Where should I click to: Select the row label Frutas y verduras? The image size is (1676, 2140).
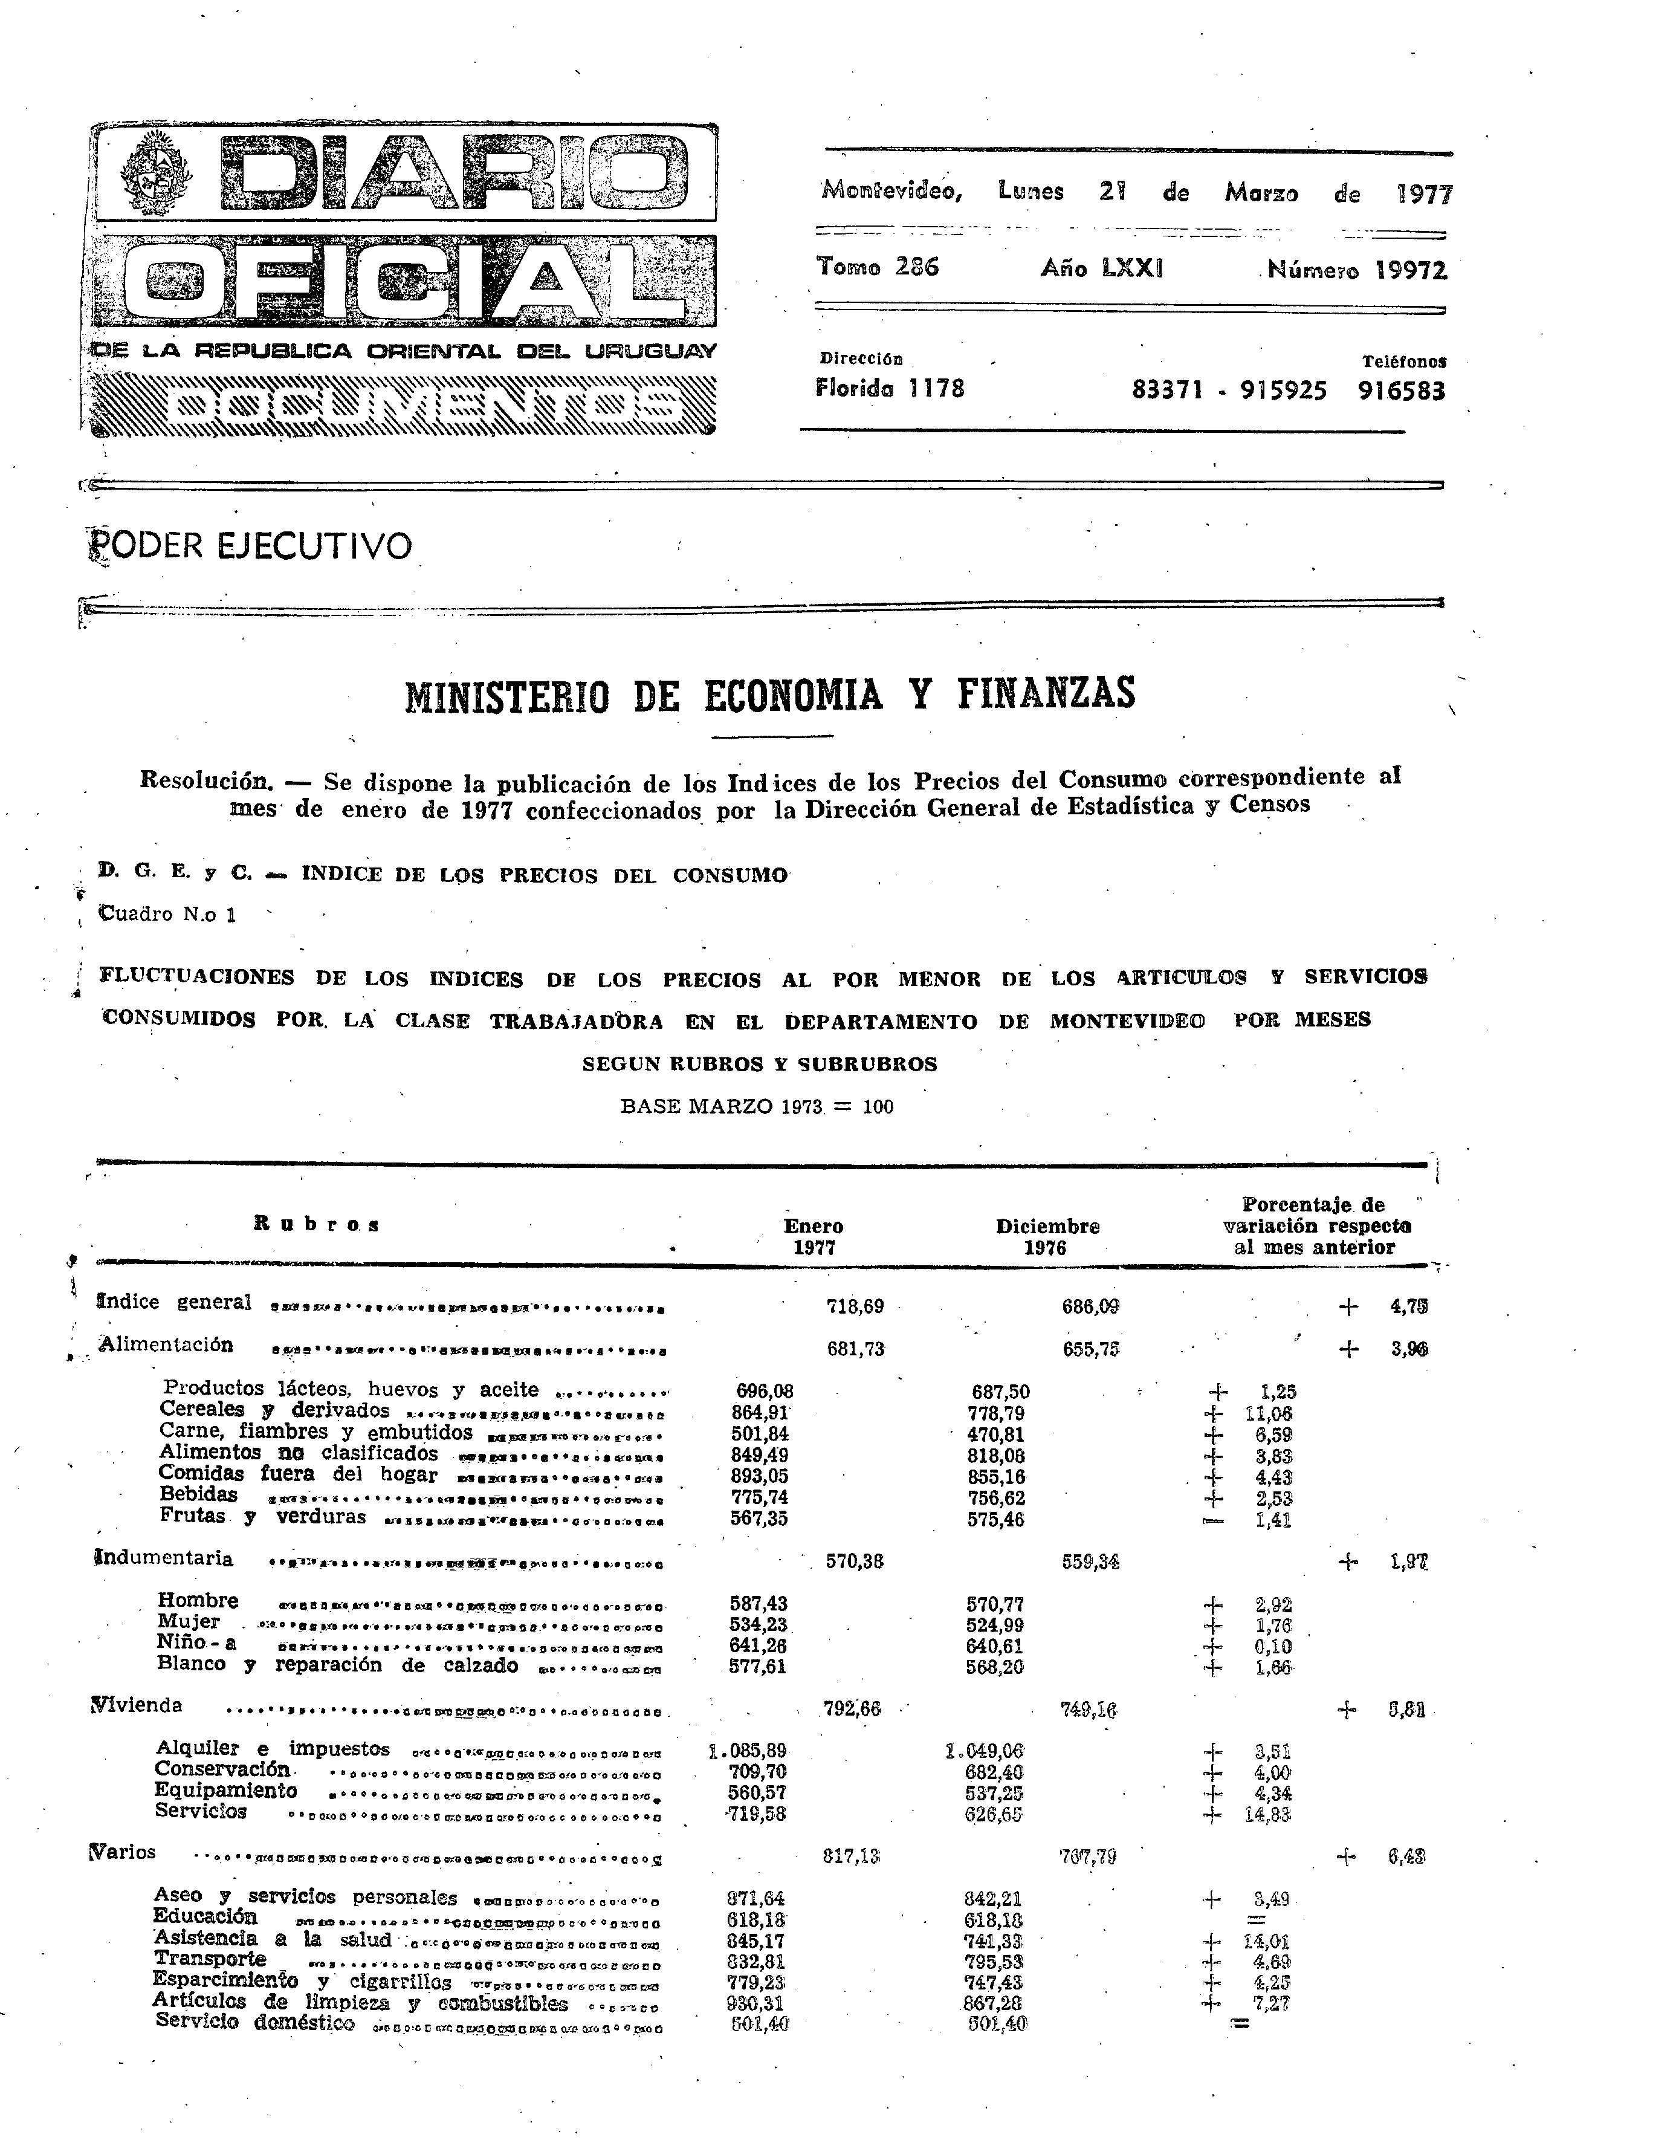coord(263,1517)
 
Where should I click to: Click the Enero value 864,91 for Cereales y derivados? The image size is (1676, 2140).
coord(762,1413)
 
